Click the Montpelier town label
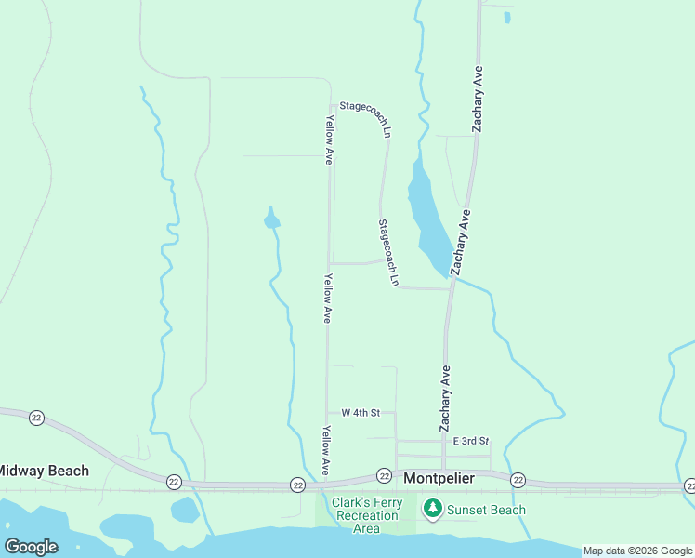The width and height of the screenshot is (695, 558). click(x=439, y=478)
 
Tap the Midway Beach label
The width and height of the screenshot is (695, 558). click(x=43, y=471)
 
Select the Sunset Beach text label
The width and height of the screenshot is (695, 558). click(x=486, y=510)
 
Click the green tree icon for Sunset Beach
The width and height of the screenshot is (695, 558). click(x=432, y=509)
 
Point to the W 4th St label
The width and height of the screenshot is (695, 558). click(x=361, y=412)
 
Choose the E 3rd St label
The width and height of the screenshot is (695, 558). click(x=470, y=441)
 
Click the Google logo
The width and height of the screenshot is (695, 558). click(x=31, y=547)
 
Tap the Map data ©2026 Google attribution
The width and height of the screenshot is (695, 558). click(x=637, y=551)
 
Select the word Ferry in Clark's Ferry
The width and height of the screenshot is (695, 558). click(x=386, y=503)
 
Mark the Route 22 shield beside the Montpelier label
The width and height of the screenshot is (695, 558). click(x=384, y=476)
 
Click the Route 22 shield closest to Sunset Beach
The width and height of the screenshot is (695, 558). click(x=518, y=480)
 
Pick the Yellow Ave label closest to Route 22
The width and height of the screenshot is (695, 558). click(x=326, y=450)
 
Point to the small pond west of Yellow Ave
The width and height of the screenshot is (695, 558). click(x=271, y=220)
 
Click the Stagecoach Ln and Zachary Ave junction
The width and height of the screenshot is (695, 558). click(x=451, y=288)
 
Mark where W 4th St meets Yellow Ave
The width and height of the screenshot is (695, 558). click(x=327, y=412)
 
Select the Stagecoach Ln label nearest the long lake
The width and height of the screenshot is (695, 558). click(x=388, y=252)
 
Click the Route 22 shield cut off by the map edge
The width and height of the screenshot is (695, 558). click(x=689, y=485)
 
